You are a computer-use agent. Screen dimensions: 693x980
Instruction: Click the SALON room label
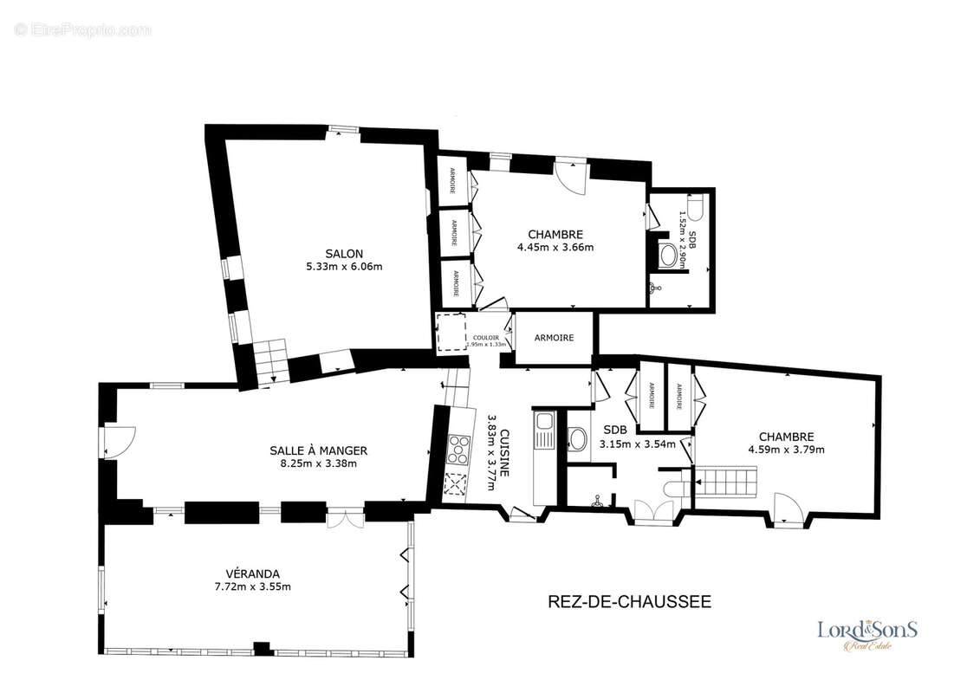tap(344, 253)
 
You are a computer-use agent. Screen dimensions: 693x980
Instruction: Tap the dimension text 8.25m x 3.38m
tap(318, 463)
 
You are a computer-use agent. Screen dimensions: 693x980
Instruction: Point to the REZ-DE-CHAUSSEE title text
tap(630, 601)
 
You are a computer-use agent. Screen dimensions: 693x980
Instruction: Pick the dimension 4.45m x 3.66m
tap(555, 247)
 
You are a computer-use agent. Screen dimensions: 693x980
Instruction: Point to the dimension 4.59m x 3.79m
tap(786, 449)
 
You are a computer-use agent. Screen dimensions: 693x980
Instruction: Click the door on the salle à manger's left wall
tap(116, 442)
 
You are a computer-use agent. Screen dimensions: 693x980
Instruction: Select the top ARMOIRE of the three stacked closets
tap(452, 180)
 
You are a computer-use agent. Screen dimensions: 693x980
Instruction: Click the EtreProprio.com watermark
tap(83, 29)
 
